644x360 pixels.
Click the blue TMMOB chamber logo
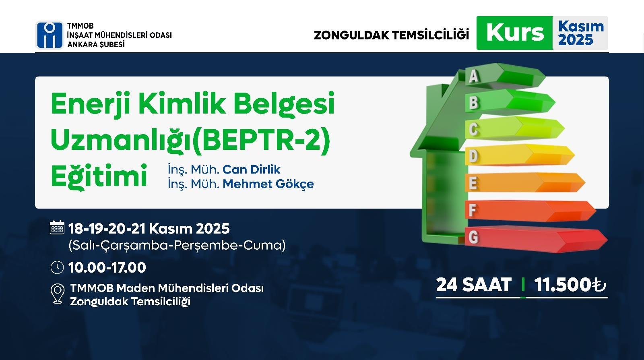pos(50,35)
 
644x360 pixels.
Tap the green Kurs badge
pos(515,33)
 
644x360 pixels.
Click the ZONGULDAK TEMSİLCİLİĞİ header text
pos(391,35)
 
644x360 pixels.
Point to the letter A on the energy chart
pos(473,76)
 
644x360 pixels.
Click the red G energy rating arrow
pos(536,239)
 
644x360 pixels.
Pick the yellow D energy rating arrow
pos(520,155)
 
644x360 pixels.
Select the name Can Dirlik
pos(251,170)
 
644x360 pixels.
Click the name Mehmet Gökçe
pos(268,184)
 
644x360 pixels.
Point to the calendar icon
pos(57,228)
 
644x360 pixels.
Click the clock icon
pos(57,267)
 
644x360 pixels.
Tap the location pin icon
pos(58,294)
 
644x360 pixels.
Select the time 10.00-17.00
pos(107,267)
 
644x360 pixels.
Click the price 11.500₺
pos(570,285)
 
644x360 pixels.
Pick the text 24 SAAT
pos(473,285)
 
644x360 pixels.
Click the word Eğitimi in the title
pos(99,176)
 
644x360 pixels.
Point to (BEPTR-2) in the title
pos(261,140)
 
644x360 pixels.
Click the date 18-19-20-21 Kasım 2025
pos(149,229)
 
